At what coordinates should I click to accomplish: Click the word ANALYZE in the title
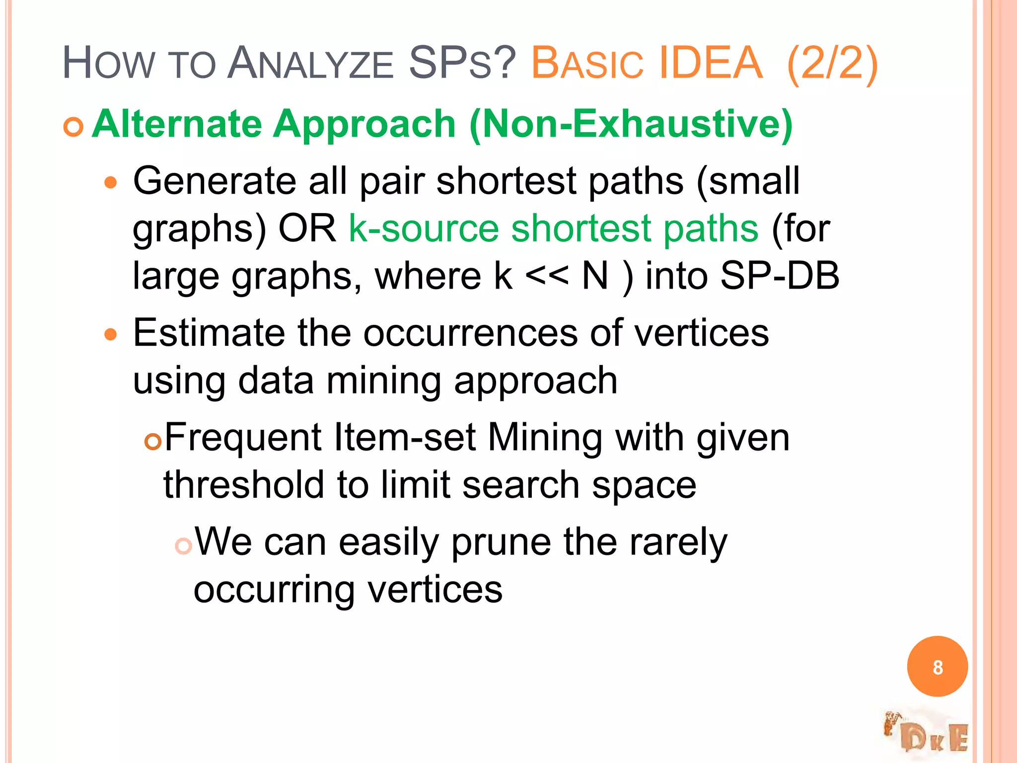pyautogui.click(x=310, y=64)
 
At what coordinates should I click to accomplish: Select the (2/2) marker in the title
pyautogui.click(x=832, y=64)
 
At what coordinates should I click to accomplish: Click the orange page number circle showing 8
pyautogui.click(x=937, y=667)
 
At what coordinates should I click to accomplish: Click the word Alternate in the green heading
pyautogui.click(x=177, y=124)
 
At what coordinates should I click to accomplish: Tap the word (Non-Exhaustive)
pyautogui.click(x=631, y=124)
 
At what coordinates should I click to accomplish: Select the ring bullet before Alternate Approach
pyautogui.click(x=73, y=128)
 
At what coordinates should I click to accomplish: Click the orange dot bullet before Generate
pyautogui.click(x=111, y=183)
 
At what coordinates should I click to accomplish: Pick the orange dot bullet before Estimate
pyautogui.click(x=111, y=335)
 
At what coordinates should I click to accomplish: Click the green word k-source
pyautogui.click(x=424, y=229)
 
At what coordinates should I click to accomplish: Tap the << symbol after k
pyautogui.click(x=546, y=276)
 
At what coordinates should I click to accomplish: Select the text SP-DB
pyautogui.click(x=780, y=276)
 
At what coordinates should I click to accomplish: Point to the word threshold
pyautogui.click(x=244, y=485)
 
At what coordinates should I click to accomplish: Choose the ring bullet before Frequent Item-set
pyautogui.click(x=153, y=441)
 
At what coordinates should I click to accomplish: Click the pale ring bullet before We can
pyautogui.click(x=183, y=546)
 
